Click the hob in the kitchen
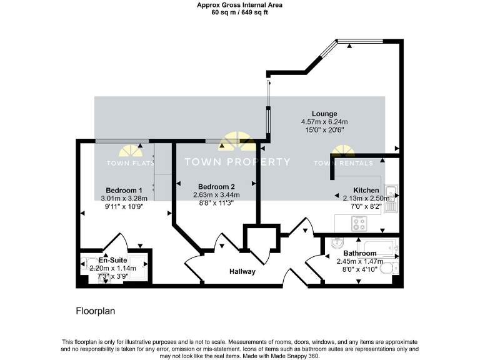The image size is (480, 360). coord(360,222)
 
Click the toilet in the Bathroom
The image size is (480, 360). coord(389,269)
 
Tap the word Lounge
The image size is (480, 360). coord(324,113)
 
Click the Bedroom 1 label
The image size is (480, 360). coord(124,190)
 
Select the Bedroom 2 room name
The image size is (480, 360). coord(216,186)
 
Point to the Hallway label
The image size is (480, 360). coord(242,271)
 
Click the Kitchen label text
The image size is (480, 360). coord(366,190)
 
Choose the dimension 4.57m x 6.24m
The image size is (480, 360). coord(324,121)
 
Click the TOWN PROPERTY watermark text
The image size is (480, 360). coord(237,162)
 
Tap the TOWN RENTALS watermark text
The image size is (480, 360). coord(342,163)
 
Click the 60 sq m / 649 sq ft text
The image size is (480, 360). coord(240,12)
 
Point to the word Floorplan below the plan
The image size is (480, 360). coord(96,311)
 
